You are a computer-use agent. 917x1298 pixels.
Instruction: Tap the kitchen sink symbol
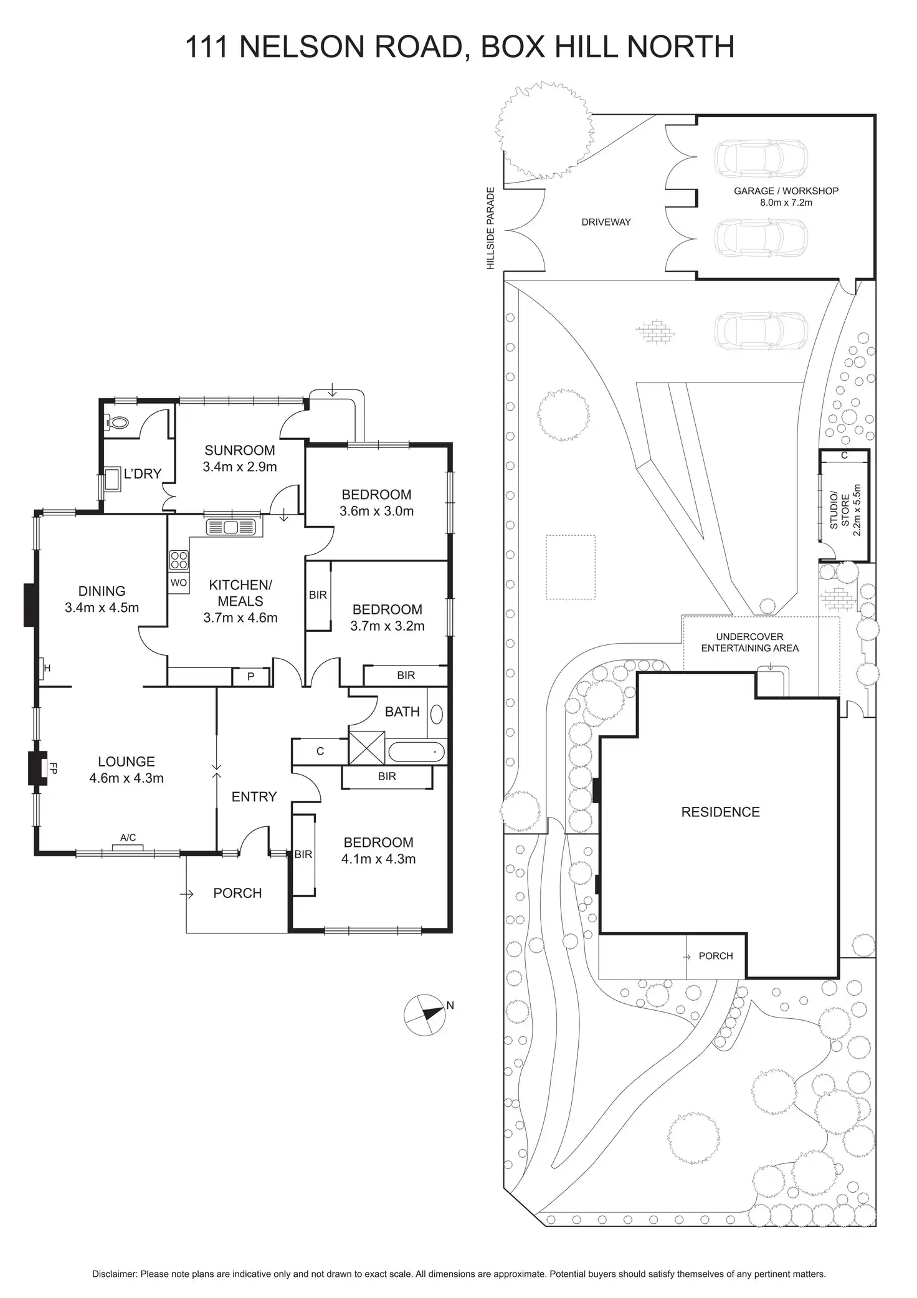pos(231,527)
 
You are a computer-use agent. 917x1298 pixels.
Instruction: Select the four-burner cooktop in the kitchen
pos(179,560)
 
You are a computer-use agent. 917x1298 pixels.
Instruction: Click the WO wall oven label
pos(178,583)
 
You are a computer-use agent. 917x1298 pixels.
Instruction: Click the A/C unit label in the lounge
pos(128,837)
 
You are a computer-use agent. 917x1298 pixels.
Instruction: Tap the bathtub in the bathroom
pos(417,752)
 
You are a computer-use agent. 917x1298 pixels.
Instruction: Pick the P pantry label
pos(250,676)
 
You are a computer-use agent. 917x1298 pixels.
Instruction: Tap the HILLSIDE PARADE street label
pos(490,228)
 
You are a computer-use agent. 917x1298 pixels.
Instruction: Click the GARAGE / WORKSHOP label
pos(786,191)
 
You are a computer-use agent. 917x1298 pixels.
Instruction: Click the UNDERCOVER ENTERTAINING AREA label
pos(749,642)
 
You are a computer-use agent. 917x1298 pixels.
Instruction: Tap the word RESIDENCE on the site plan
pos(720,812)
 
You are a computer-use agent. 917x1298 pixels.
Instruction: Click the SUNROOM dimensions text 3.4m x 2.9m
pos(240,466)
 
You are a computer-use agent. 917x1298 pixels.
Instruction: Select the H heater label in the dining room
pos(47,669)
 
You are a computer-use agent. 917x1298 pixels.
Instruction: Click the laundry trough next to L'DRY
pos(113,479)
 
